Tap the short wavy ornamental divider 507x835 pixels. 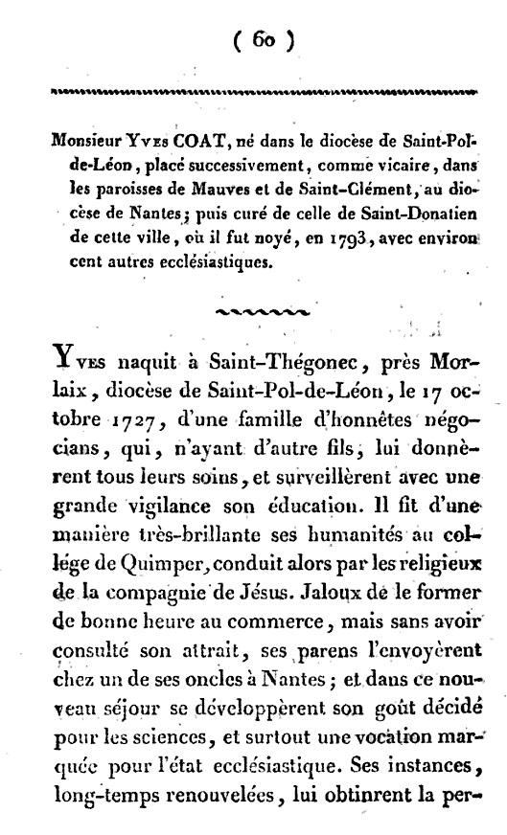(x=262, y=310)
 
